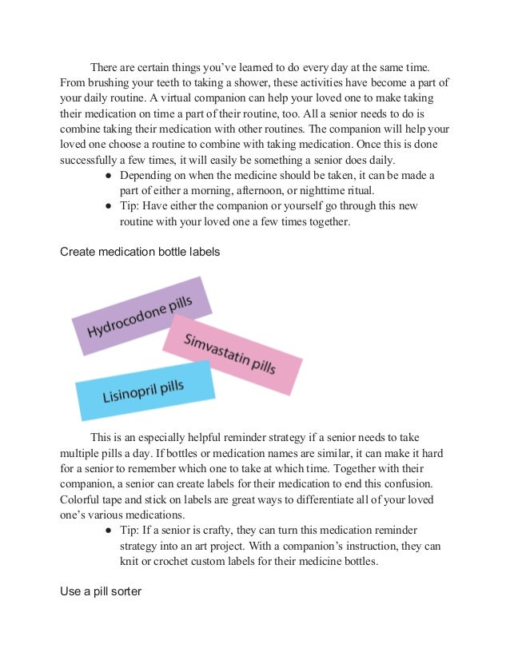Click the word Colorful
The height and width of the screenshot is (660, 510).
(x=82, y=499)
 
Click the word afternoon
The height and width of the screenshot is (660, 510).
(x=244, y=189)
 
